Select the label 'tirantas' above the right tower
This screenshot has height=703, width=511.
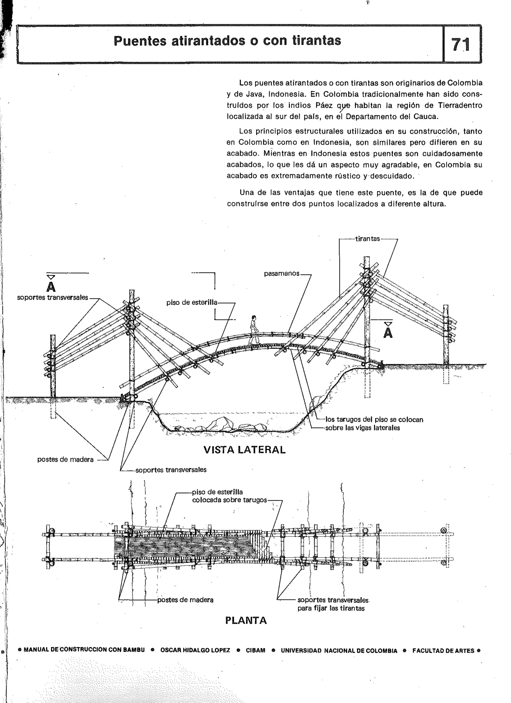click(367, 239)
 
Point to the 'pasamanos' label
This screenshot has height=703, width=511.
click(281, 274)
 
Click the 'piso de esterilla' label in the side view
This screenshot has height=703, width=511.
click(192, 302)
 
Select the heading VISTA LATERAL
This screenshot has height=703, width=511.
click(244, 450)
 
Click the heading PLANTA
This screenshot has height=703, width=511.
click(246, 620)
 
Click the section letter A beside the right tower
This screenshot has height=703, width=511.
click(388, 333)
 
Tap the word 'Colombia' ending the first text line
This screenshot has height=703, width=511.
click(465, 83)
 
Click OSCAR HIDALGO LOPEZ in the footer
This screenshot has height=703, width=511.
click(195, 650)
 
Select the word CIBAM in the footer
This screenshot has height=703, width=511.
click(255, 650)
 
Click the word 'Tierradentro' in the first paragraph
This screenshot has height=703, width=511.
click(460, 105)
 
